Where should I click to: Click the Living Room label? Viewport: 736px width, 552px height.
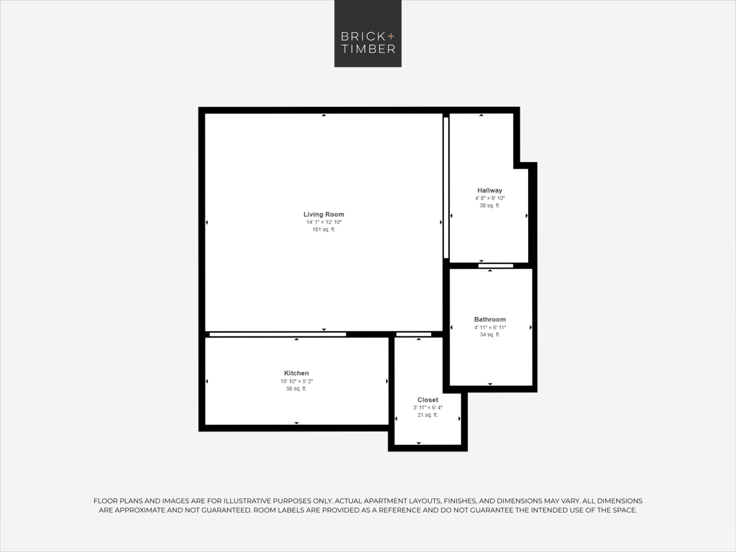coord(324,214)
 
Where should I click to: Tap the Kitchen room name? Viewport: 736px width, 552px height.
coord(296,373)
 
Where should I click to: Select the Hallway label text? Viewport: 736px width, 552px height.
coord(490,190)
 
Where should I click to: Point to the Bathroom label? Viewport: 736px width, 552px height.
coord(490,319)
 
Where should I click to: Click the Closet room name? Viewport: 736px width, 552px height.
coord(428,400)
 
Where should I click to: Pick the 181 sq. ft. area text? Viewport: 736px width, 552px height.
coord(324,230)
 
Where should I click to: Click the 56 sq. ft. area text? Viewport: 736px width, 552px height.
coord(296,389)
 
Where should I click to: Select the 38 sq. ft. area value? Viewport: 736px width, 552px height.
coord(490,206)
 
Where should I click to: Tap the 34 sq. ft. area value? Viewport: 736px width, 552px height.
coord(490,335)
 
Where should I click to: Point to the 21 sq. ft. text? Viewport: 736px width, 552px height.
coord(428,415)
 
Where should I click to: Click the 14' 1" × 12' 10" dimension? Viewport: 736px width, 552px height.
coord(324,222)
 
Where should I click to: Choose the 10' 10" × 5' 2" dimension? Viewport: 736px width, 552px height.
coord(296,381)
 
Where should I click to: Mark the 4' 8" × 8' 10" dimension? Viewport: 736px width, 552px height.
coord(490,198)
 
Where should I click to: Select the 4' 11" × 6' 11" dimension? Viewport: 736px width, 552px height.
coord(490,328)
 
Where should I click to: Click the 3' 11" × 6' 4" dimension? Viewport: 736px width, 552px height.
coord(428,407)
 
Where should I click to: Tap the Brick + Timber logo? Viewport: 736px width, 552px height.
coord(368,34)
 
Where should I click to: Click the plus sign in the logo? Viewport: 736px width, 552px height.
coord(391,36)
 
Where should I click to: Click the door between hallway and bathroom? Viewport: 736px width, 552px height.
coord(496,266)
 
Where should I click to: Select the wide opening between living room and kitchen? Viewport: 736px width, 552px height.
coord(278,335)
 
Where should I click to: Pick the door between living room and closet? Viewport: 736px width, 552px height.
coord(414,335)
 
